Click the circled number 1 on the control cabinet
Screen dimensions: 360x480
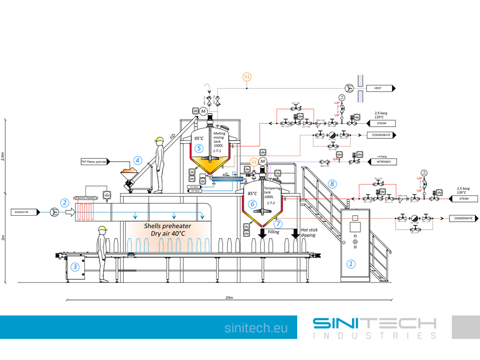pos(351,264)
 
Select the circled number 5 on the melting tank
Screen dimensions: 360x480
pos(199,148)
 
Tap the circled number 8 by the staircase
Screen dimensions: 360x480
pos(332,184)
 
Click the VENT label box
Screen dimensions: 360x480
pos(380,88)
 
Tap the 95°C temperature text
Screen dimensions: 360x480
pos(199,138)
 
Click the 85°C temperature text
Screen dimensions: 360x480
pos(252,194)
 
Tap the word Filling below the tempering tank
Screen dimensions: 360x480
pos(274,232)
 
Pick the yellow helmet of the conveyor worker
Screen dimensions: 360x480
pos(101,229)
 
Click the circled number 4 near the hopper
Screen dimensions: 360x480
pos(137,160)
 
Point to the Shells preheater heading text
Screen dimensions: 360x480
pos(167,226)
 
